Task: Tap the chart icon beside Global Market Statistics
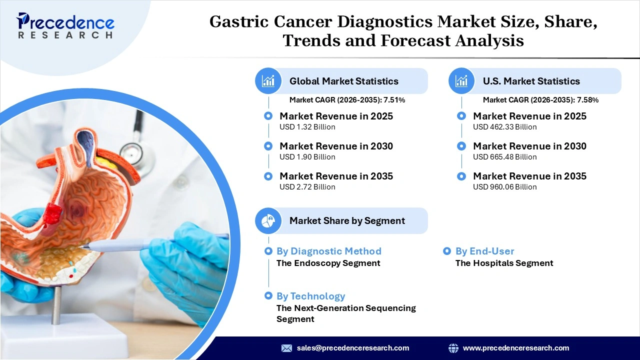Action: (268, 81)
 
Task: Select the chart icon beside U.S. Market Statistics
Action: (461, 81)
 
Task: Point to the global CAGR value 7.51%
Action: (394, 100)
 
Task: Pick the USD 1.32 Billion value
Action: (307, 127)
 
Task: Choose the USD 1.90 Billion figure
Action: (307, 157)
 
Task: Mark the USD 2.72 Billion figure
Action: (307, 187)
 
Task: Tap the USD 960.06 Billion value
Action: (504, 187)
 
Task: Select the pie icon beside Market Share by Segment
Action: (268, 220)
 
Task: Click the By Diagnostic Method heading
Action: (328, 251)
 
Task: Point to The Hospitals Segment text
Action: (504, 263)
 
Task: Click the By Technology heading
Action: (310, 296)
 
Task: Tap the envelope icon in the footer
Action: (286, 348)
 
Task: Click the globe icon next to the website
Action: (453, 348)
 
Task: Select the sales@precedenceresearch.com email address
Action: (352, 348)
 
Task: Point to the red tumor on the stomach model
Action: (52, 213)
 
